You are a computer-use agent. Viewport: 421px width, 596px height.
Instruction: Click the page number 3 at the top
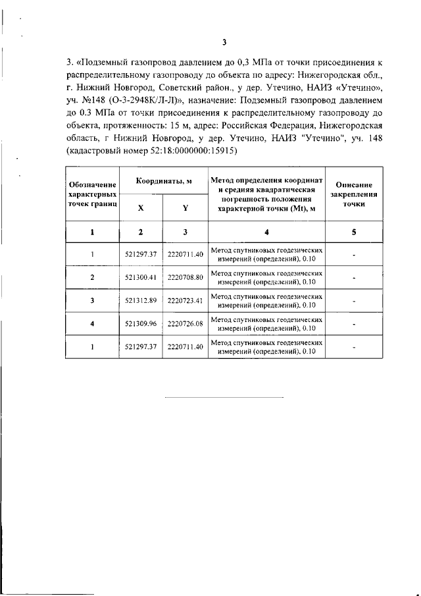(224, 43)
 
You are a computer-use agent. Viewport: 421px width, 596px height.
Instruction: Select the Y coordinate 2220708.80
(186, 277)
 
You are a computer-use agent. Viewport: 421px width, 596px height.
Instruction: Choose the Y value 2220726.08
(186, 323)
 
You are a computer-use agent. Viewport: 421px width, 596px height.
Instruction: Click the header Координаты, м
(163, 180)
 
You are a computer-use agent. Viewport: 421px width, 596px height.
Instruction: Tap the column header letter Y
(186, 207)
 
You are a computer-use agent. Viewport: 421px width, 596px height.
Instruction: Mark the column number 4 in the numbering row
(266, 232)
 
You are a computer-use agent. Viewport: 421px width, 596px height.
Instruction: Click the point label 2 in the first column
(93, 277)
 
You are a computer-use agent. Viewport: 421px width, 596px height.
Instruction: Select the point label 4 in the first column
(93, 323)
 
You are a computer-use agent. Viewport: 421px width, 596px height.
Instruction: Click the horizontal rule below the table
(224, 398)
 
